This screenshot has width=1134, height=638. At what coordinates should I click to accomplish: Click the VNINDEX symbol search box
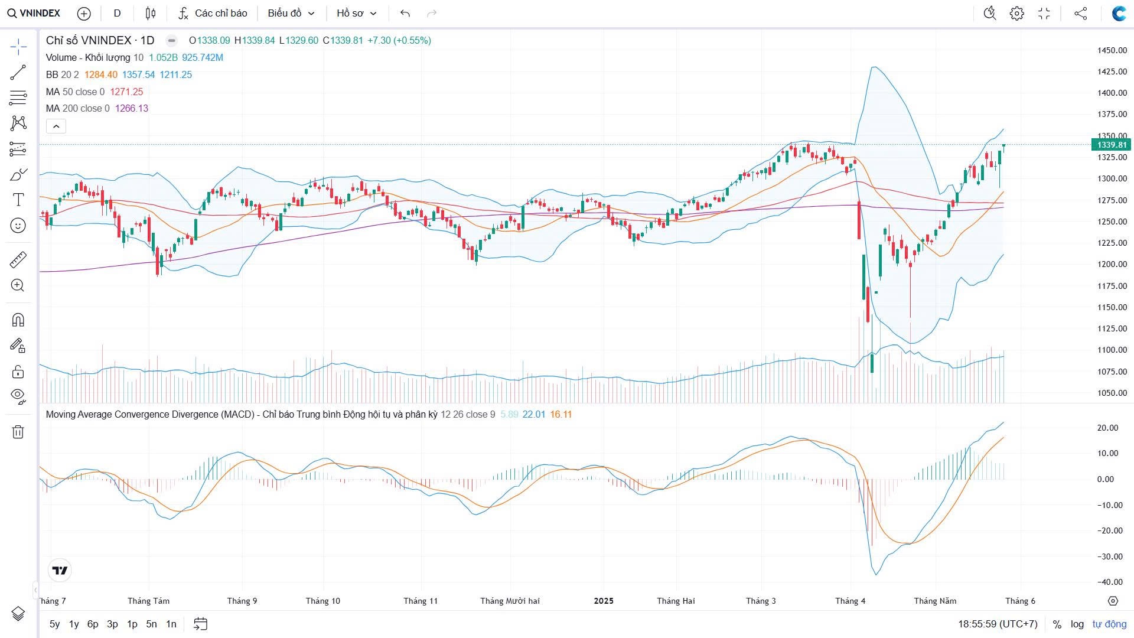click(34, 13)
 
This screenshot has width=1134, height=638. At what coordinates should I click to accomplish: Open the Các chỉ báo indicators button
click(213, 13)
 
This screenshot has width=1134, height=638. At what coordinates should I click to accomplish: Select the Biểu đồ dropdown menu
click(291, 13)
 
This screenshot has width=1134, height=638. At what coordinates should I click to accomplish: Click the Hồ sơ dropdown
click(356, 13)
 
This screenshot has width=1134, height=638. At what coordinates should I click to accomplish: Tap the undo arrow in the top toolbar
click(405, 13)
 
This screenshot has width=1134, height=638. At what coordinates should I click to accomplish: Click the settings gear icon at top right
click(1016, 13)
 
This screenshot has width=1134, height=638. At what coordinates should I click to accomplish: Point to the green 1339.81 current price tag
click(1112, 145)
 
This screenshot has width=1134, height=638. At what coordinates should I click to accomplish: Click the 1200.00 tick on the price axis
click(1112, 264)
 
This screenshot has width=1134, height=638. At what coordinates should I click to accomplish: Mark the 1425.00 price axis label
click(1112, 71)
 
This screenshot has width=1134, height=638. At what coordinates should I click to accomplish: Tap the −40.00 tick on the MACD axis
click(1110, 582)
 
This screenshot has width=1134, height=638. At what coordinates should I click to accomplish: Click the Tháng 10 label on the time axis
click(323, 601)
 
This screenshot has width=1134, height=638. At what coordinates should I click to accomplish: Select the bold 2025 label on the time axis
click(604, 601)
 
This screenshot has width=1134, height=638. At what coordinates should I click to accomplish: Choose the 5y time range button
click(54, 624)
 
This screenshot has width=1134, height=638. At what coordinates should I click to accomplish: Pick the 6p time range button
click(93, 624)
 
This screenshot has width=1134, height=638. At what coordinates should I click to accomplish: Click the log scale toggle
click(1077, 624)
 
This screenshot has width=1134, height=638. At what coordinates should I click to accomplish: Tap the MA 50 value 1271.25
click(126, 92)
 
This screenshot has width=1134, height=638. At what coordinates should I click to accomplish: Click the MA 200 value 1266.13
click(132, 108)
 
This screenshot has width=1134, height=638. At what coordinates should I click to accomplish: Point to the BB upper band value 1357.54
click(138, 74)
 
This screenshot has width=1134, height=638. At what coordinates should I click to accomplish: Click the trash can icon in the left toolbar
click(18, 432)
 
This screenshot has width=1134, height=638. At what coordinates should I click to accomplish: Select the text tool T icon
click(18, 200)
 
